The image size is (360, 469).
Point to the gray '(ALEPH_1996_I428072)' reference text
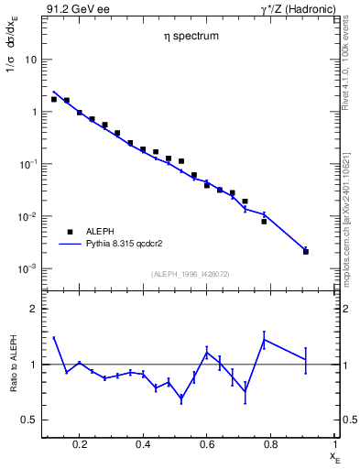point(189,273)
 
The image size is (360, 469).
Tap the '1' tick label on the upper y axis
point(34,112)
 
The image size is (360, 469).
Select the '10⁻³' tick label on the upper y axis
point(28,268)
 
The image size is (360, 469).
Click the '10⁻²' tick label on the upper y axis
point(28,216)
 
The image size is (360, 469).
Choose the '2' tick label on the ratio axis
point(34,310)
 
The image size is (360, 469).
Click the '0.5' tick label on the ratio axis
point(30,420)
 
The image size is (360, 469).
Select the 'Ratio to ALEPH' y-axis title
point(12,365)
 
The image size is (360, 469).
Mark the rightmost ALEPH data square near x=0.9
point(306,251)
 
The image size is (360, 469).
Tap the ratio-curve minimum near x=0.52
point(181,399)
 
